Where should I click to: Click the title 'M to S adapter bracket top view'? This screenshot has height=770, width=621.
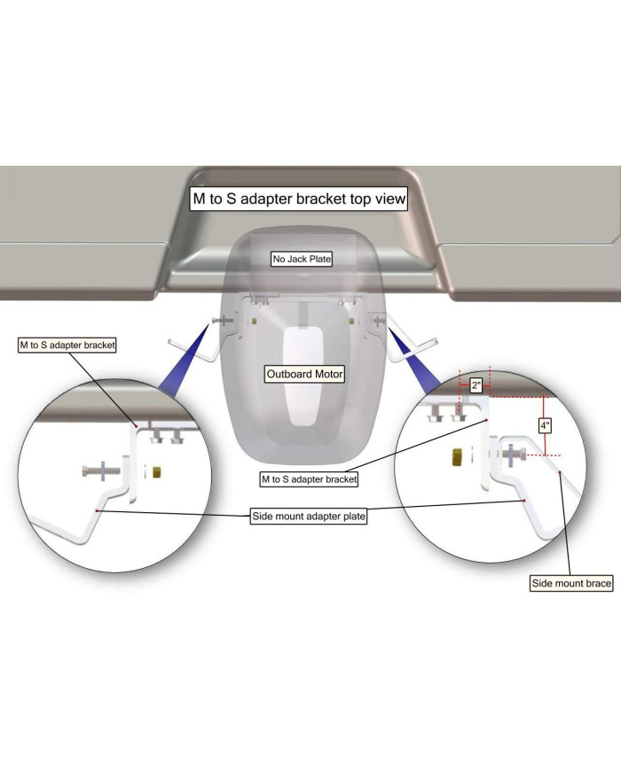299,198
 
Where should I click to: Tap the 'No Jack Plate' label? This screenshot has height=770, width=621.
302,259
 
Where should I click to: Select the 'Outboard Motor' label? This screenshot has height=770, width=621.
304,374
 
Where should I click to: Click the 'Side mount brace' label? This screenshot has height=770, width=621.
571,583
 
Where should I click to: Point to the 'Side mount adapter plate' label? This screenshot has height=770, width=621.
309,516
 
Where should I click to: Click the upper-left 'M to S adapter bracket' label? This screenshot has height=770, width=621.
67,346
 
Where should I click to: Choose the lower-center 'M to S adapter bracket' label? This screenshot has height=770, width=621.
309,479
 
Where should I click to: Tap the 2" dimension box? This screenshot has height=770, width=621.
476,385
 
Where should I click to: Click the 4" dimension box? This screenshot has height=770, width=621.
545,425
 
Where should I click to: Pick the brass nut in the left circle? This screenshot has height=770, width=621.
157,472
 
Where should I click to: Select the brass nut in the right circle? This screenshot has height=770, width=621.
456,456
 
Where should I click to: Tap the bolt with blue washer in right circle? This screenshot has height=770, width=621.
512,455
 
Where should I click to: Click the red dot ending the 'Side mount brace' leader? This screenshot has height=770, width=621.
560,472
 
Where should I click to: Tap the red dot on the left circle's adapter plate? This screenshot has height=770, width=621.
98,510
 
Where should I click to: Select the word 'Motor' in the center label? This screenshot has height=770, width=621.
328,374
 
